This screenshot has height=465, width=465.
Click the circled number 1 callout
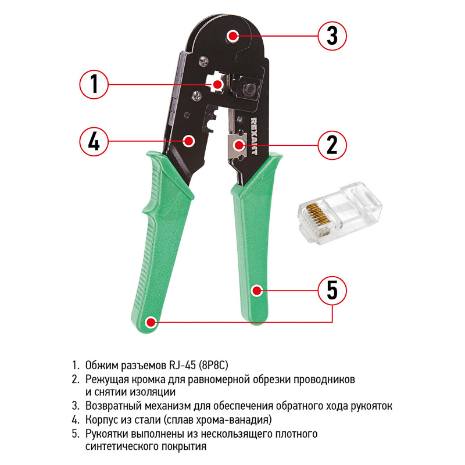point(94,84)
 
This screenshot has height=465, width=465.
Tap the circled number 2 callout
point(332,145)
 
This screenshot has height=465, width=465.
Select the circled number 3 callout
point(332,36)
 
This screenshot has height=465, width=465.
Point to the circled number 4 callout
point(94,141)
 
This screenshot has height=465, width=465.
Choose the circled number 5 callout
point(332,291)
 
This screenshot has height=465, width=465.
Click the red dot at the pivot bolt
point(233,36)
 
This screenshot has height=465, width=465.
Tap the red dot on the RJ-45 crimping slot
point(217,84)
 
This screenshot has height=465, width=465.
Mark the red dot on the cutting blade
point(239,145)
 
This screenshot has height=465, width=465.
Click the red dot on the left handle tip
point(151,322)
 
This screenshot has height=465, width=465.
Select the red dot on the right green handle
point(257,291)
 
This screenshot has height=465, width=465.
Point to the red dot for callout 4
point(188,140)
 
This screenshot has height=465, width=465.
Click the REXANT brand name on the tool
point(254,137)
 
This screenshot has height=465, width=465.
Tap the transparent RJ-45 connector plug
point(340,212)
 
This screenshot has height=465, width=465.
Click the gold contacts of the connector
point(317,214)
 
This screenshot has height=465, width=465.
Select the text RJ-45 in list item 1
point(183,365)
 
